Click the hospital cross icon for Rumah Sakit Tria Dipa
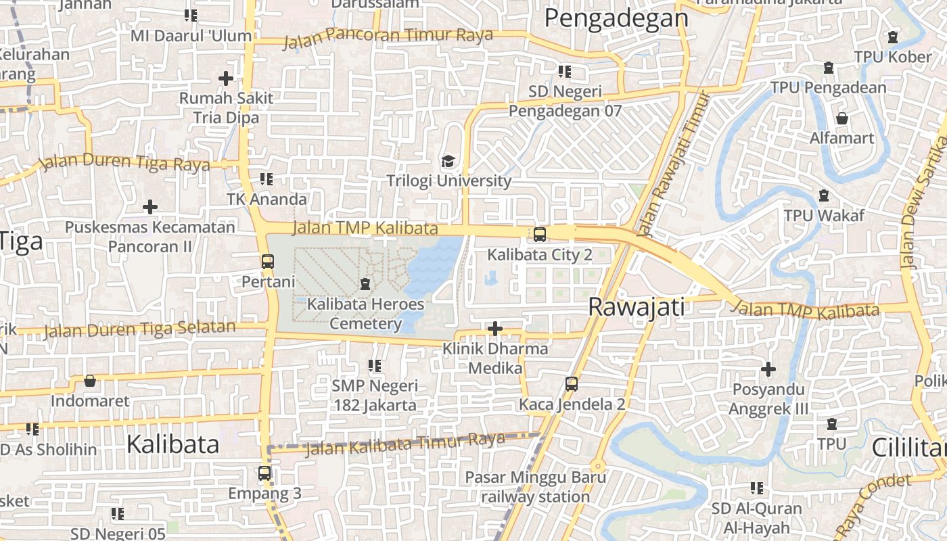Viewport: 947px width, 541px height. tap(226, 78)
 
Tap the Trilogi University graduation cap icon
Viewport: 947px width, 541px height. tap(448, 161)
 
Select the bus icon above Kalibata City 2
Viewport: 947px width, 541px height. tap(539, 235)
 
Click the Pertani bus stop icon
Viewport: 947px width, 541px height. tap(268, 261)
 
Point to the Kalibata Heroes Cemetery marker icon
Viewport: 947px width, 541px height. tap(365, 283)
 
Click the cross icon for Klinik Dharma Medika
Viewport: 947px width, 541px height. tap(495, 329)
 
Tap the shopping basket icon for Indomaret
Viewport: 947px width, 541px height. tap(89, 381)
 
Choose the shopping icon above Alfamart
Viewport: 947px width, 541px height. tap(842, 118)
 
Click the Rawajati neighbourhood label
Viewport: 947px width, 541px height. tap(636, 306)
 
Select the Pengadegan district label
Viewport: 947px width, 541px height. tap(616, 18)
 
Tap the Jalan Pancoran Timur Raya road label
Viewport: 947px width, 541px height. tap(388, 37)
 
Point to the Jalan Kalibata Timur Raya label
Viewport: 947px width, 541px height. tap(405, 444)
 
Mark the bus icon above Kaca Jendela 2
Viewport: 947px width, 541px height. tap(572, 384)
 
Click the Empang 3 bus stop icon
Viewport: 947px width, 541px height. tap(264, 473)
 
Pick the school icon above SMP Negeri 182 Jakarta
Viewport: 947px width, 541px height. tap(375, 366)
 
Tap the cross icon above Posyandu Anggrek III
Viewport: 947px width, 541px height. tap(768, 370)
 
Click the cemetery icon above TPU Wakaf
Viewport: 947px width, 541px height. tap(824, 195)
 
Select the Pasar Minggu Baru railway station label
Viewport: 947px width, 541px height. tap(528, 487)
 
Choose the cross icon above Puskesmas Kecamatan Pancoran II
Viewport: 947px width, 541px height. tap(150, 207)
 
